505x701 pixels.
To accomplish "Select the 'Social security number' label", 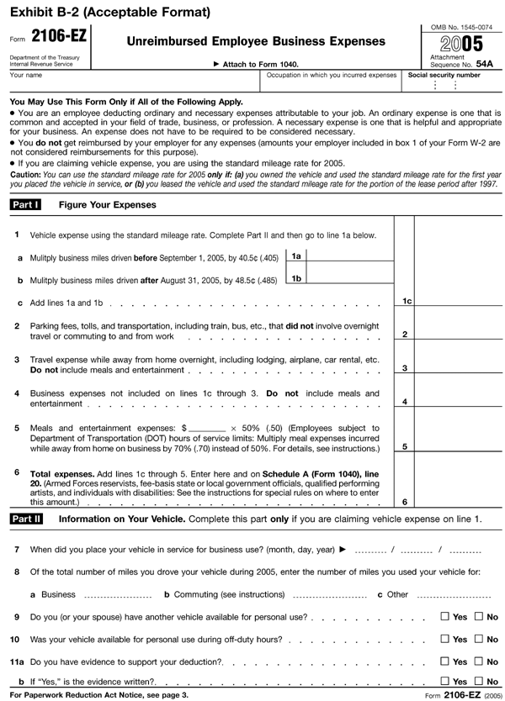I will [x=444, y=75].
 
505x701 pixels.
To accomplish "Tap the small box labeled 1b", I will [x=297, y=278].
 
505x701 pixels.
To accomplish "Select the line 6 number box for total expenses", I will [x=406, y=502].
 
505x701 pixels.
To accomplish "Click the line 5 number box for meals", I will [x=406, y=446].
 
